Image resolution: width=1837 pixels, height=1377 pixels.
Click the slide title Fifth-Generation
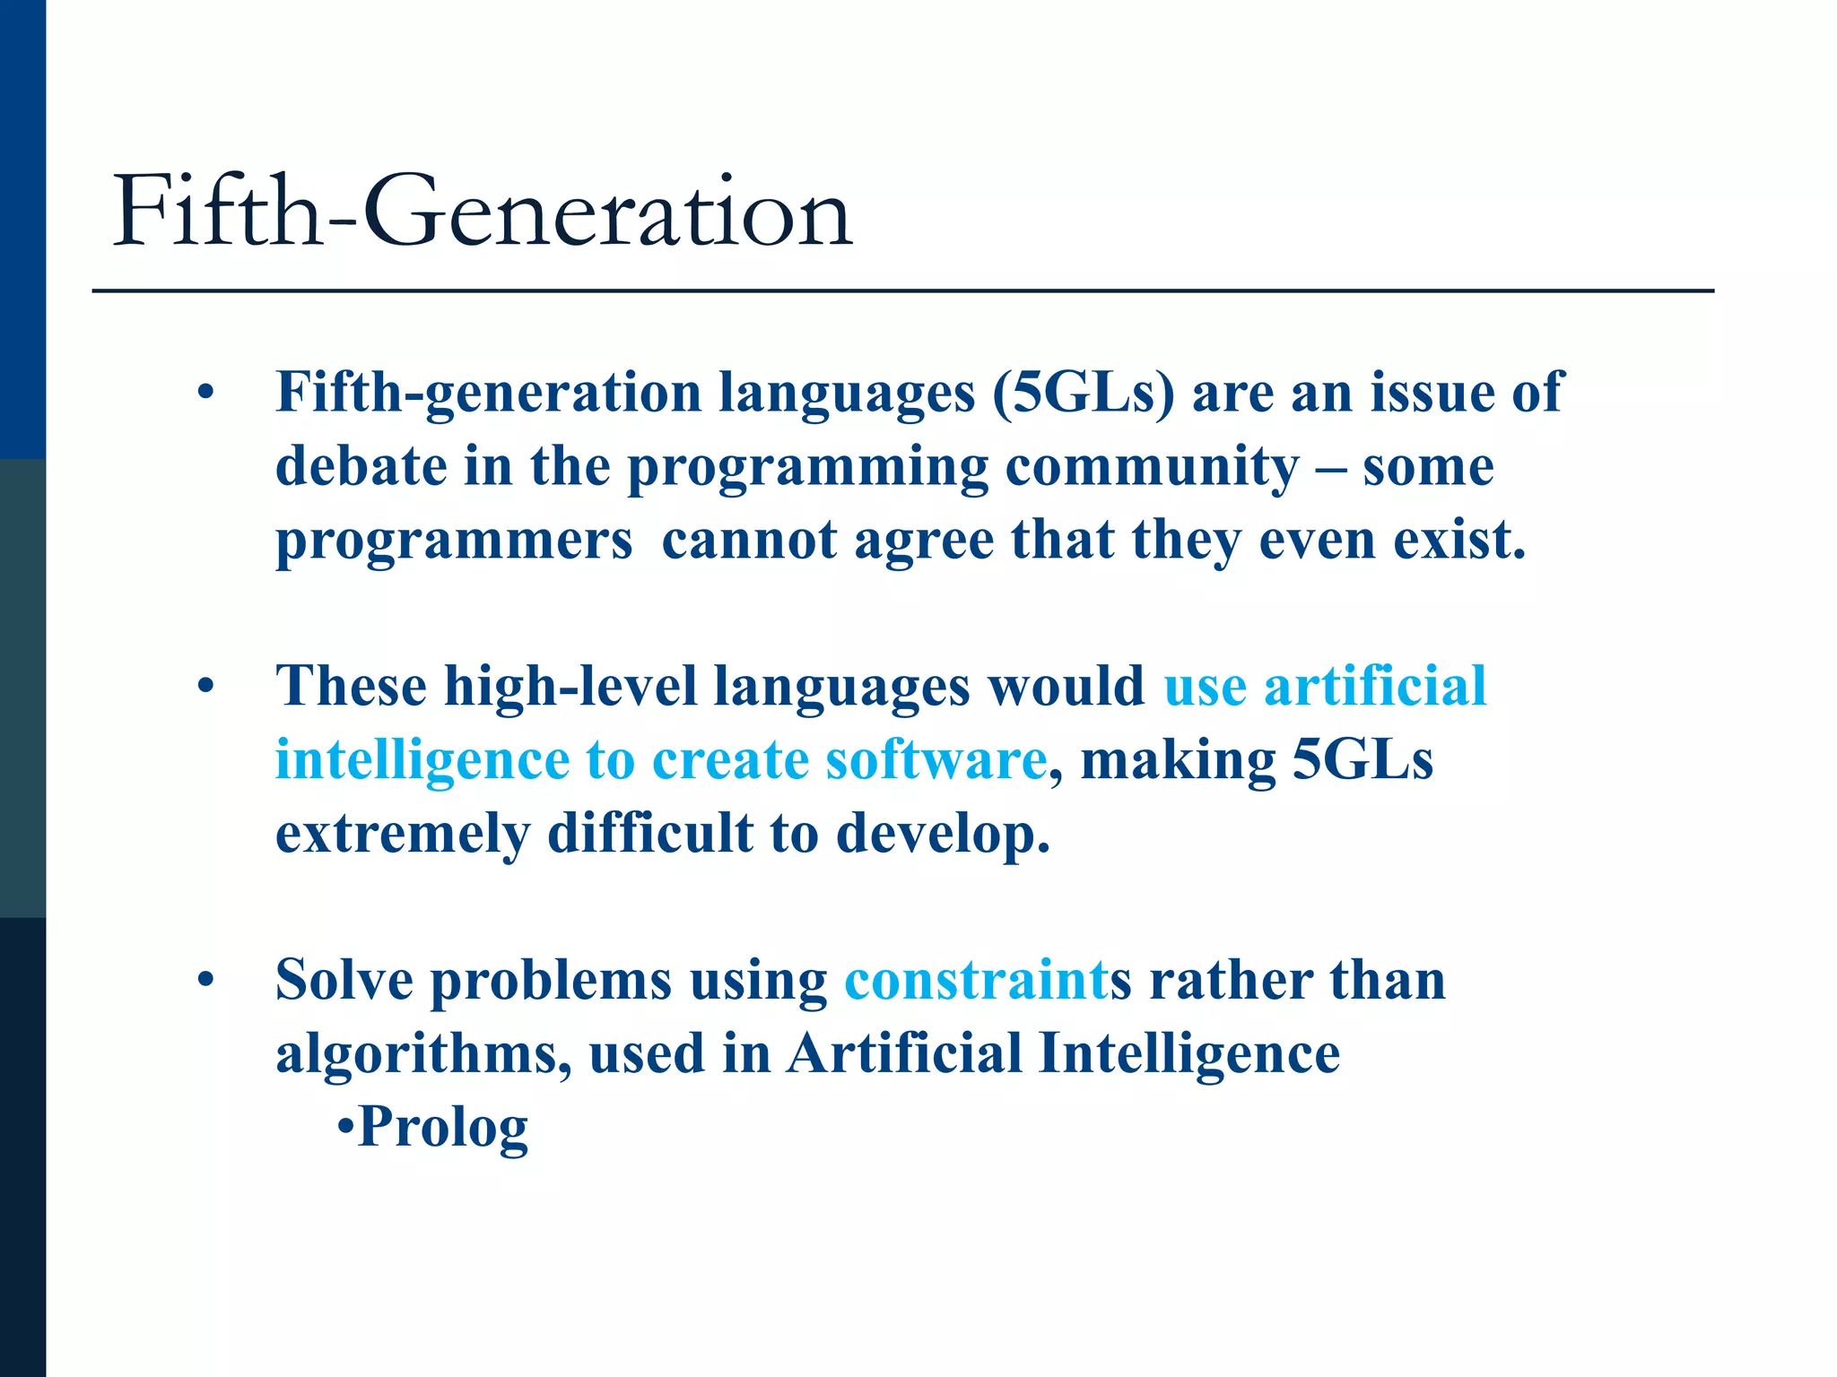point(482,212)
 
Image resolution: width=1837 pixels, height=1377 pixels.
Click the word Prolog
point(443,1126)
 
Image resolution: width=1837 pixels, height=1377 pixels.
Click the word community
point(1152,466)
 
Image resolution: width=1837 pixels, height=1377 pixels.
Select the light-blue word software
point(936,760)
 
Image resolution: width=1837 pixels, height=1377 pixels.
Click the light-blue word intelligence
point(422,760)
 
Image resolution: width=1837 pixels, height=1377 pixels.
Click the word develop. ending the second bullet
point(943,834)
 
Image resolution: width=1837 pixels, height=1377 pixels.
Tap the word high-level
point(570,687)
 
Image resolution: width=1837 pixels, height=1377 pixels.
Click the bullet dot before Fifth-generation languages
point(206,393)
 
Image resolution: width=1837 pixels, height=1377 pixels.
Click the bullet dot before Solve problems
point(206,980)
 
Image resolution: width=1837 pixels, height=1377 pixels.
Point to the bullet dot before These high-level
point(206,687)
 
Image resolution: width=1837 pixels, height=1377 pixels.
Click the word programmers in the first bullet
point(454,541)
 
